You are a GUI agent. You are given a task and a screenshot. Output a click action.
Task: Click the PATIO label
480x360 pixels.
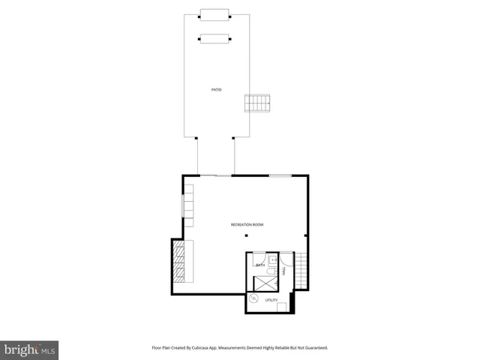click(216, 90)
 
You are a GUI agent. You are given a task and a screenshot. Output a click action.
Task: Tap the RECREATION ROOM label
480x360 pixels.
click(247, 225)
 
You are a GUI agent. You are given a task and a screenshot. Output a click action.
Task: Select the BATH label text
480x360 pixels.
click(260, 265)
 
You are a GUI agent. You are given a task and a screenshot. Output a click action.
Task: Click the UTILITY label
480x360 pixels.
click(271, 300)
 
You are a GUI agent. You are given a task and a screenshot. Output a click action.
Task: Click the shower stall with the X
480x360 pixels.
click(265, 283)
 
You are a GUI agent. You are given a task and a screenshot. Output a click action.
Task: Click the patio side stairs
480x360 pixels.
click(257, 103)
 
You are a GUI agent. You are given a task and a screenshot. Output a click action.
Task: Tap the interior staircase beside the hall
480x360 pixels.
click(300, 270)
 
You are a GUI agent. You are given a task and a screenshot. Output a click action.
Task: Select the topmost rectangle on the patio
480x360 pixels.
click(214, 14)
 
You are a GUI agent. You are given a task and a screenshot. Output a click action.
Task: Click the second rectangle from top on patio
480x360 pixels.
click(214, 39)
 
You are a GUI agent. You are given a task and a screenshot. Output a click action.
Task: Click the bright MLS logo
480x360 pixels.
click(29, 349)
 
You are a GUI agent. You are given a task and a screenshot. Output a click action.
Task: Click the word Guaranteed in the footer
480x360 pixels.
click(314, 348)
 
